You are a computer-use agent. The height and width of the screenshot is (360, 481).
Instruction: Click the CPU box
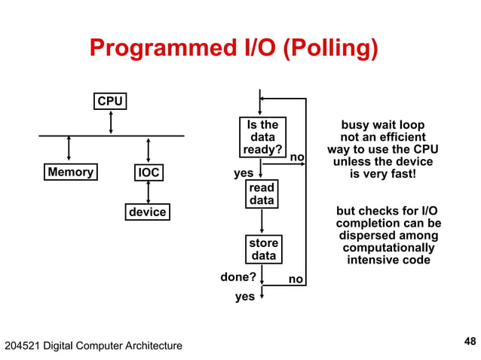pos(110,101)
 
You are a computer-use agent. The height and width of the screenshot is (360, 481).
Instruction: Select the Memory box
pos(70,172)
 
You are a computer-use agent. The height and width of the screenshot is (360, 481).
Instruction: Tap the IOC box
pos(149,173)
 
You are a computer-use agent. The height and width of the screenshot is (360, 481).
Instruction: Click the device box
pos(147,212)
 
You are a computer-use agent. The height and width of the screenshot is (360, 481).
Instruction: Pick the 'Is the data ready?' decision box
pos(262,138)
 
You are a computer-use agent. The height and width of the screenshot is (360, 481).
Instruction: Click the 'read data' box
pos(262,194)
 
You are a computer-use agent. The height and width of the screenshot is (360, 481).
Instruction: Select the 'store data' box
pos(263,249)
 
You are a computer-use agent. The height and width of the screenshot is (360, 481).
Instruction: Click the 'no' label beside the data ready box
pos(297,157)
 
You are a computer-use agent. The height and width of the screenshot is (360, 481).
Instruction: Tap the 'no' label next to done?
pos(296,279)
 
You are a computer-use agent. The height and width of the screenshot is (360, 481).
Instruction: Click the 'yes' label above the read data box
pos(244,173)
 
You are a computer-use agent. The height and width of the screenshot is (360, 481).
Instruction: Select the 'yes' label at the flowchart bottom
pos(244,297)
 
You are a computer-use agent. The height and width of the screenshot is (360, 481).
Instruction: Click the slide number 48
pos(470,342)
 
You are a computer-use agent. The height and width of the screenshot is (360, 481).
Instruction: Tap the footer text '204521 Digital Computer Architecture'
pos(93,346)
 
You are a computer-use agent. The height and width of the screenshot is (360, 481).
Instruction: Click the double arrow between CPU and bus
pos(111,122)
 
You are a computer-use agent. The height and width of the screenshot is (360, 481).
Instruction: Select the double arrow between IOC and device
pos(149,192)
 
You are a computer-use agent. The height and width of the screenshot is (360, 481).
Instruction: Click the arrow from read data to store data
pos(262,221)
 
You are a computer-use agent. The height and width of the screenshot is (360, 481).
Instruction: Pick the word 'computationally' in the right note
pos(388,248)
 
